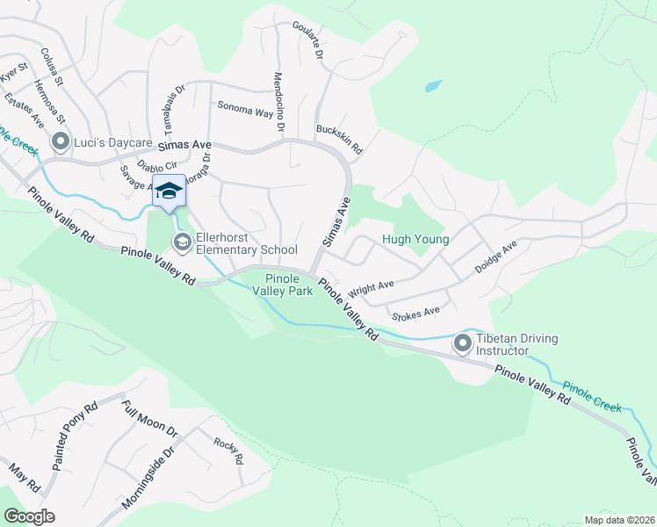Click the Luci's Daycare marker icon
coord(61,141)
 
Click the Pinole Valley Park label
coord(283,284)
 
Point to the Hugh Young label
coord(415,239)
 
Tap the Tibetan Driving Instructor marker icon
coord(464,344)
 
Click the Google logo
coord(29,516)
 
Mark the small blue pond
coord(432,87)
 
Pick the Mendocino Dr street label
coord(279,103)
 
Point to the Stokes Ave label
coord(416,312)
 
